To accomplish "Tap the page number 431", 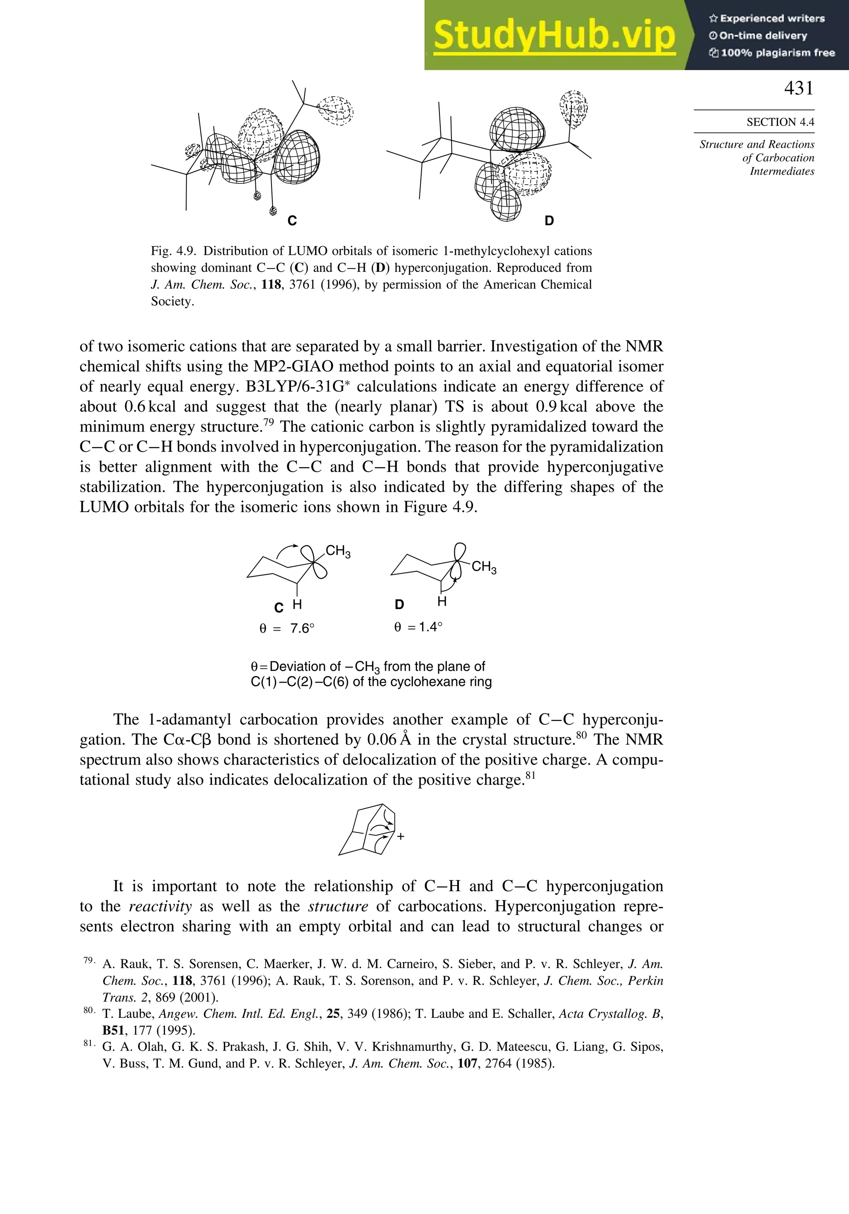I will (798, 88).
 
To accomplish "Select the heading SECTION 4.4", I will (780, 122).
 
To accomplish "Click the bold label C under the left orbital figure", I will (291, 221).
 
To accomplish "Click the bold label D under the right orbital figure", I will (549, 221).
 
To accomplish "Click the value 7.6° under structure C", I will (302, 629).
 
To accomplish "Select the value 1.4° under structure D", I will (430, 627).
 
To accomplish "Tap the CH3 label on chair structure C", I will (338, 551).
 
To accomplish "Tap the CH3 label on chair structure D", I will (483, 567).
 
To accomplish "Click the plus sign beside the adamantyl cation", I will (400, 836).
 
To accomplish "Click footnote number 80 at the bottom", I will (88, 1010).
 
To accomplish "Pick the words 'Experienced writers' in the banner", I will (772, 19).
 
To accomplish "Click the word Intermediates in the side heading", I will (782, 171).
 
